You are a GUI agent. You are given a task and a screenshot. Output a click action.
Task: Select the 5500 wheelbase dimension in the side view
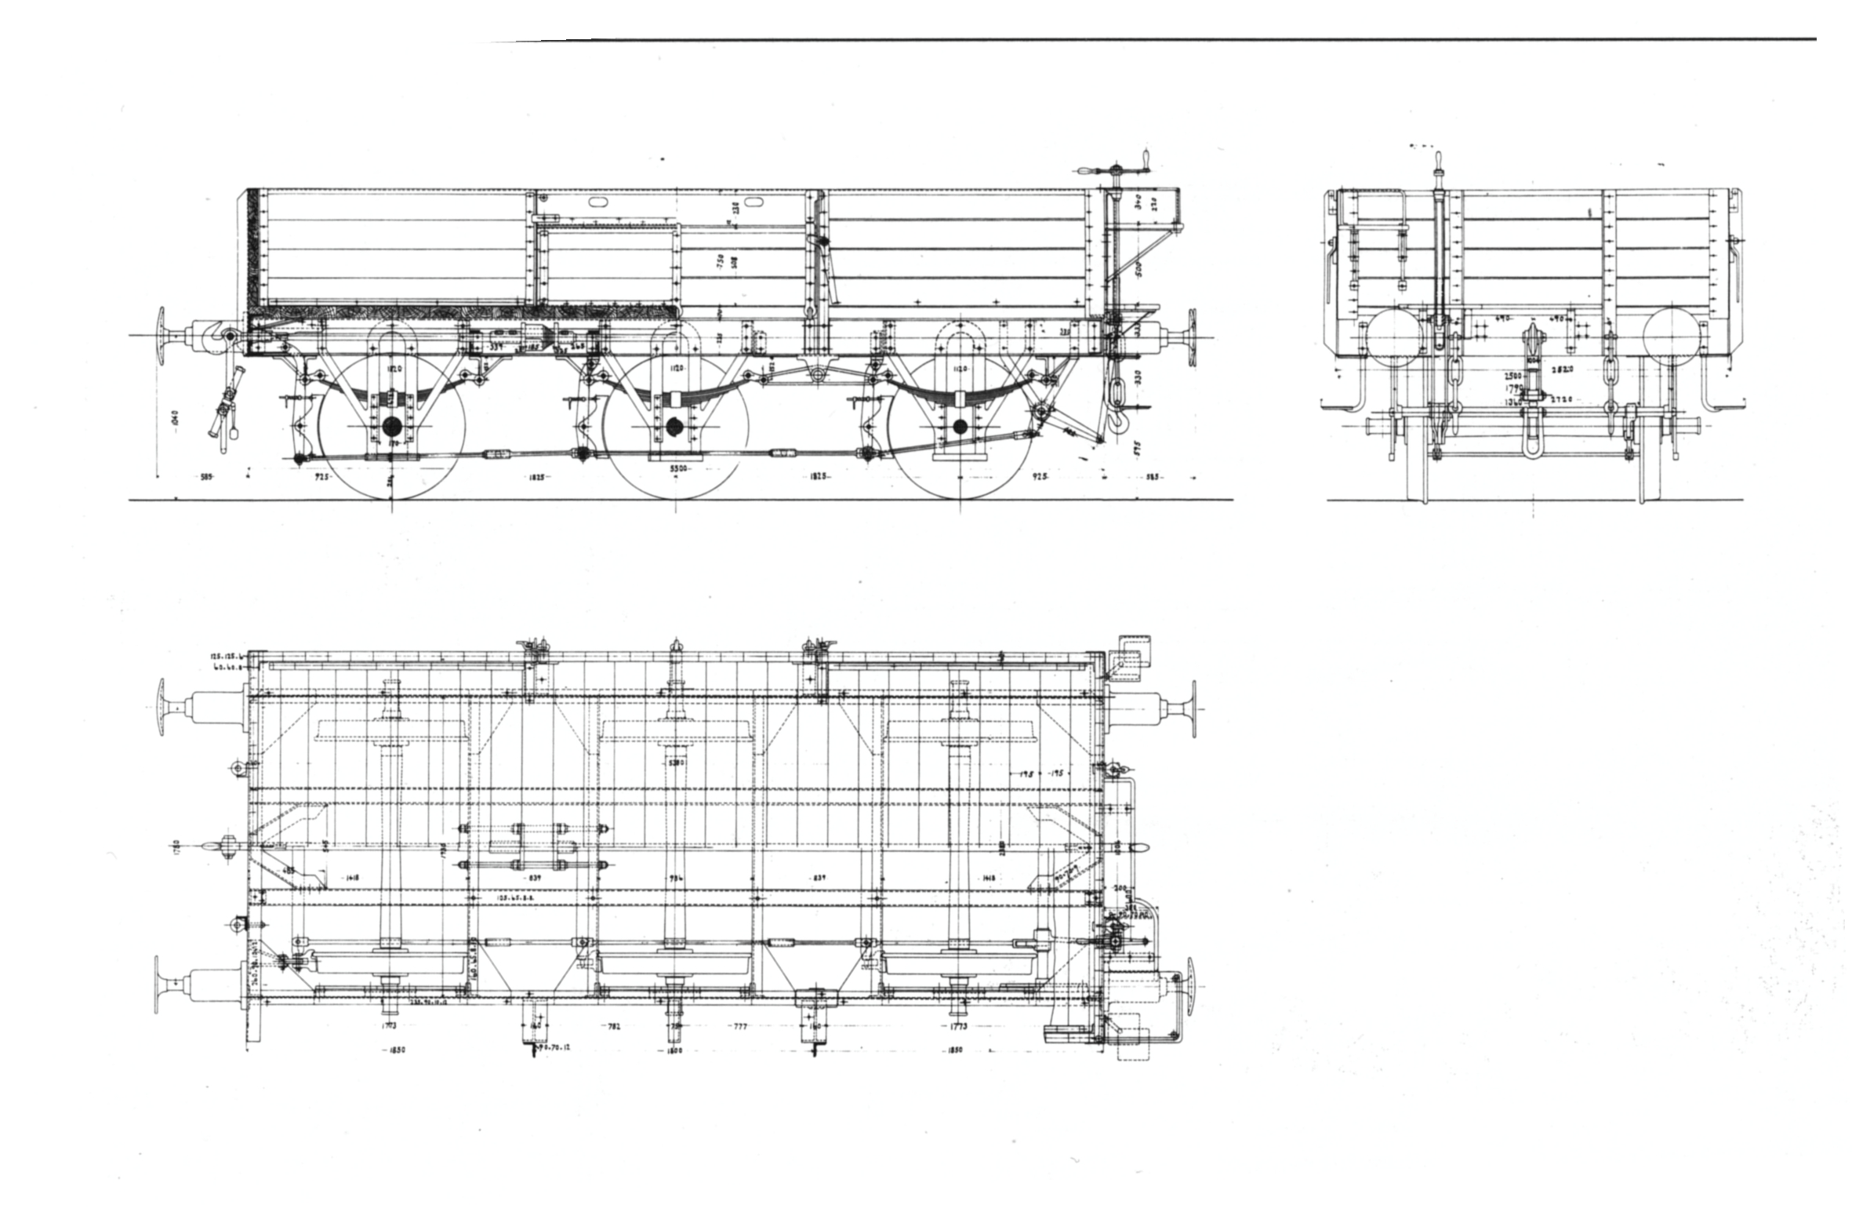(677, 468)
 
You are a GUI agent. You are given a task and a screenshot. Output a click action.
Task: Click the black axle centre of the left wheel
(391, 426)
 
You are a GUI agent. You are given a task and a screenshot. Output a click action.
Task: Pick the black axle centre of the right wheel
(960, 426)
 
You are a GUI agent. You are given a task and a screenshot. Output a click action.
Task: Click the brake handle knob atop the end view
(1440, 160)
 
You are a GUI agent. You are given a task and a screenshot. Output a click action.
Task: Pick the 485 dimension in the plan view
(289, 871)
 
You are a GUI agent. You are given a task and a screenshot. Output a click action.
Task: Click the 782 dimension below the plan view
(614, 1026)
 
